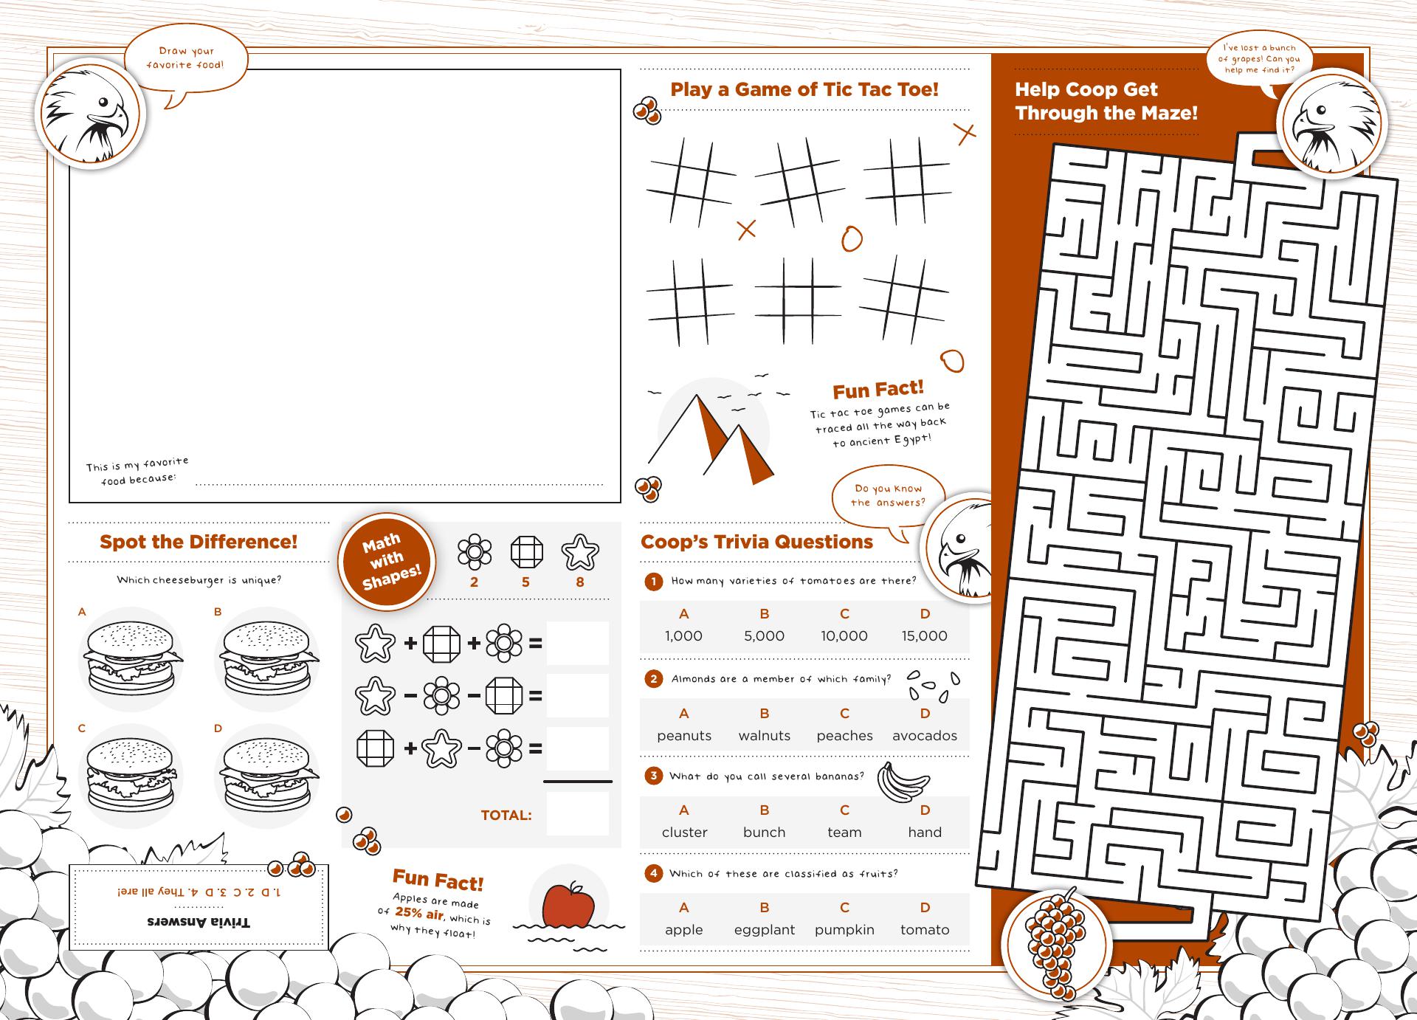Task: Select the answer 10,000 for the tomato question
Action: point(844,635)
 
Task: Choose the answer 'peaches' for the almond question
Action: point(844,735)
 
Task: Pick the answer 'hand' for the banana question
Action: point(925,832)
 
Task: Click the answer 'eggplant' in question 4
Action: point(765,930)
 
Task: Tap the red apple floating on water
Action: point(568,904)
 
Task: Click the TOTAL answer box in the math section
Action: point(578,814)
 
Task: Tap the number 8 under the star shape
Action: point(580,582)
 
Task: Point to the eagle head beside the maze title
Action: point(1331,124)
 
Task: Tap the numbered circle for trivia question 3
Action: point(653,776)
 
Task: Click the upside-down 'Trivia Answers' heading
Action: point(199,922)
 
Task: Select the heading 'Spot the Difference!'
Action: point(199,542)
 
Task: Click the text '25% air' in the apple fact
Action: point(419,914)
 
